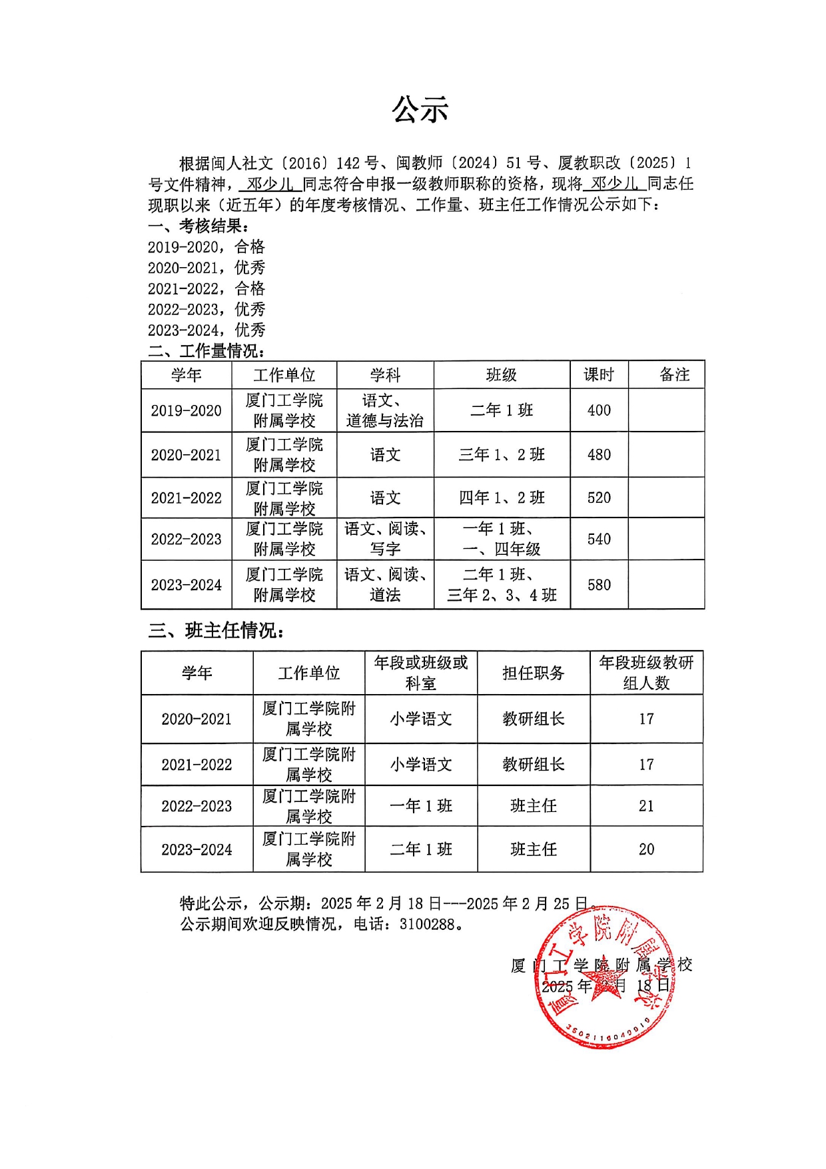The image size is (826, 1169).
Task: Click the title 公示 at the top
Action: [420, 110]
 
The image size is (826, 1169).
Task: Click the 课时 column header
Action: [598, 375]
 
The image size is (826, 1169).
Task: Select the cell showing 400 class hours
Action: [598, 410]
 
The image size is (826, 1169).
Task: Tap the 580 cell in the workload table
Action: [598, 585]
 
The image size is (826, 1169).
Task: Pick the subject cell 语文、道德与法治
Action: [385, 410]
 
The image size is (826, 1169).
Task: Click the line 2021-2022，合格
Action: [206, 288]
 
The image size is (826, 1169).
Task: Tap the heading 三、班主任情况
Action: [216, 630]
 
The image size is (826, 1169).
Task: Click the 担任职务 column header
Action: [533, 673]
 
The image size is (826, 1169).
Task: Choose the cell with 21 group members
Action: [646, 806]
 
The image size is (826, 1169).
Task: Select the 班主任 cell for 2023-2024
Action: [533, 849]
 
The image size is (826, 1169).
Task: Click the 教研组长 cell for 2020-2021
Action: [533, 719]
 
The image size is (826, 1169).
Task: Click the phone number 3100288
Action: [427, 925]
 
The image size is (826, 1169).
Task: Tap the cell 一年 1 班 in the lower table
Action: [420, 806]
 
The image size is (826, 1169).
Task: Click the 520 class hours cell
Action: [598, 498]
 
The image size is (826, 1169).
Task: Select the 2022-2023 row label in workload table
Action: [186, 539]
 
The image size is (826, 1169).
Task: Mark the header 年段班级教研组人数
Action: [646, 673]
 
